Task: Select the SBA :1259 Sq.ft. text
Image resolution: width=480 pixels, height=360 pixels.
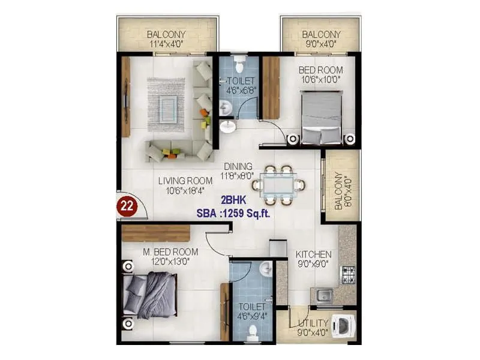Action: (235, 212)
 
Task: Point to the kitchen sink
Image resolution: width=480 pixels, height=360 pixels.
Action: (324, 295)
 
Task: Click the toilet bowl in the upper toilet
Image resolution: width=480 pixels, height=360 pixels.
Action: (239, 63)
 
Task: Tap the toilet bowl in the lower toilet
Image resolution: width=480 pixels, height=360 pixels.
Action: (253, 332)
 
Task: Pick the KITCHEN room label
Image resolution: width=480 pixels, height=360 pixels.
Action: (313, 254)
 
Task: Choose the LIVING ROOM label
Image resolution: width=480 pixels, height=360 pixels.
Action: (185, 181)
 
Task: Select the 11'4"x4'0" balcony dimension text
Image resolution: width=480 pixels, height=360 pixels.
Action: (166, 44)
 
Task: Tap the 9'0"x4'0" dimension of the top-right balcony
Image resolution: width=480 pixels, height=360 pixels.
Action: (321, 44)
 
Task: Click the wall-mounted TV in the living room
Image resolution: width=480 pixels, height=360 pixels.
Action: (126, 96)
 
